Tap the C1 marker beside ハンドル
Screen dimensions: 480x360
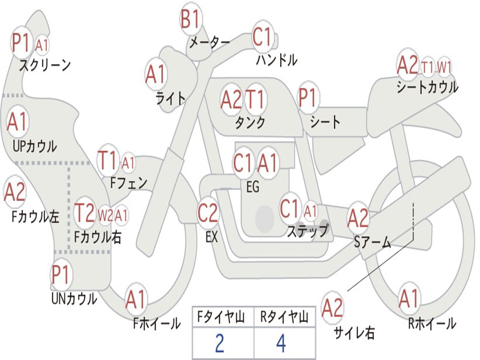point(262,37)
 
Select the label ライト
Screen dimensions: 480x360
point(170,98)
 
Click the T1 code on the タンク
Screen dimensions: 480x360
point(255,99)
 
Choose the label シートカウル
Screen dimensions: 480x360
point(427,87)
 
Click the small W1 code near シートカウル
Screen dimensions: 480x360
point(444,67)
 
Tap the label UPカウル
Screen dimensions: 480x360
point(35,146)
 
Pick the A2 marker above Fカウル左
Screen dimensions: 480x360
point(15,192)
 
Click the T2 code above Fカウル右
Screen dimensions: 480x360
point(85,213)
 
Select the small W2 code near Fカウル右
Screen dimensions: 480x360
point(105,216)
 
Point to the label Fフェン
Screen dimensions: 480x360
point(128,183)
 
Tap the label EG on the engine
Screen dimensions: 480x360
point(253,187)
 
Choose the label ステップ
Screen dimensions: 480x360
point(307,231)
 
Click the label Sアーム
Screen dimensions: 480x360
point(373,242)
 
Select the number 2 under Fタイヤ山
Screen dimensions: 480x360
point(219,343)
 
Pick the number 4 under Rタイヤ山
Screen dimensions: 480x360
point(281,343)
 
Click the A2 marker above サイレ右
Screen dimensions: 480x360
point(332,307)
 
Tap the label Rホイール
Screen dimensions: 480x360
point(432,323)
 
